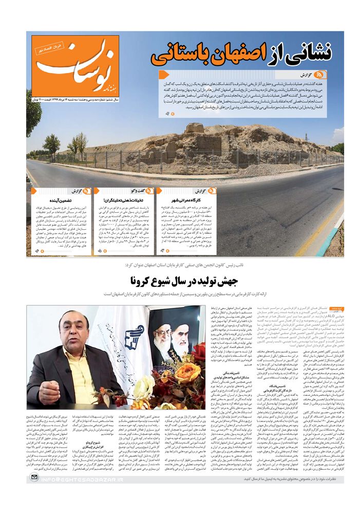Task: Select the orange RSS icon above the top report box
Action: click(x=321, y=75)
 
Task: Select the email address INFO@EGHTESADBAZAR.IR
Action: click(x=82, y=479)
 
